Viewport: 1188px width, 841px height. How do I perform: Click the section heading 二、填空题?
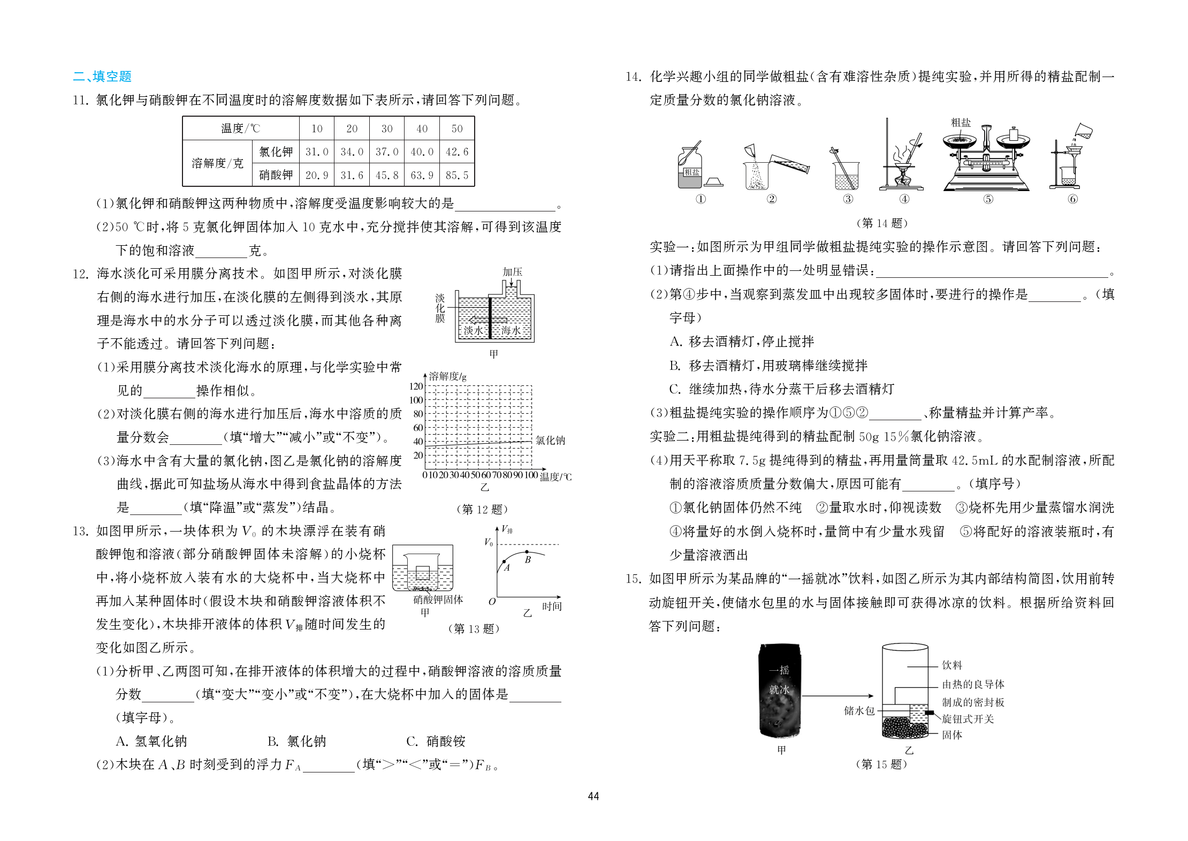click(x=102, y=77)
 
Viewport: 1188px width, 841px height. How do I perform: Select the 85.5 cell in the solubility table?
click(x=456, y=175)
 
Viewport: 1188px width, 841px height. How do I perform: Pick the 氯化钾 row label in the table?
click(x=276, y=152)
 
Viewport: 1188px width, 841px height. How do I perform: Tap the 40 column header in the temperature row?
click(x=422, y=128)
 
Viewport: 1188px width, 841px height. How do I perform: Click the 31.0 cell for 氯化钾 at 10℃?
click(x=317, y=152)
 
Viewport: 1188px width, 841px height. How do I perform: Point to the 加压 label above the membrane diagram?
click(x=512, y=272)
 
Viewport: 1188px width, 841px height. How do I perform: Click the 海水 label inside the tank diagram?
click(x=511, y=330)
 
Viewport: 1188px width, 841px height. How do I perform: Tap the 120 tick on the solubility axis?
click(x=416, y=386)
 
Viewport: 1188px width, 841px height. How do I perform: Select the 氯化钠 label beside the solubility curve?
click(x=550, y=441)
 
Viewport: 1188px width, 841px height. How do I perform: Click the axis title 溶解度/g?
click(x=448, y=376)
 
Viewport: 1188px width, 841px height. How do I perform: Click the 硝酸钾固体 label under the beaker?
click(x=438, y=600)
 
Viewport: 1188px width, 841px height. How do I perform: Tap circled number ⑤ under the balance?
click(x=988, y=199)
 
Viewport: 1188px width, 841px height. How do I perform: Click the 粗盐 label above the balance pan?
click(x=961, y=123)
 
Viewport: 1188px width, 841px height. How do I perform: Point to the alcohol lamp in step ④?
click(x=903, y=175)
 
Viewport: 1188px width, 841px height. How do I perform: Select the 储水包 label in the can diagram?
click(x=859, y=710)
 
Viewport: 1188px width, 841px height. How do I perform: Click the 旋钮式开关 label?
click(x=968, y=719)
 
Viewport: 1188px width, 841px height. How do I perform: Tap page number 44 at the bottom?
click(x=593, y=796)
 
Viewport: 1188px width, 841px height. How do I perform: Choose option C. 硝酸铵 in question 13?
click(x=436, y=741)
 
